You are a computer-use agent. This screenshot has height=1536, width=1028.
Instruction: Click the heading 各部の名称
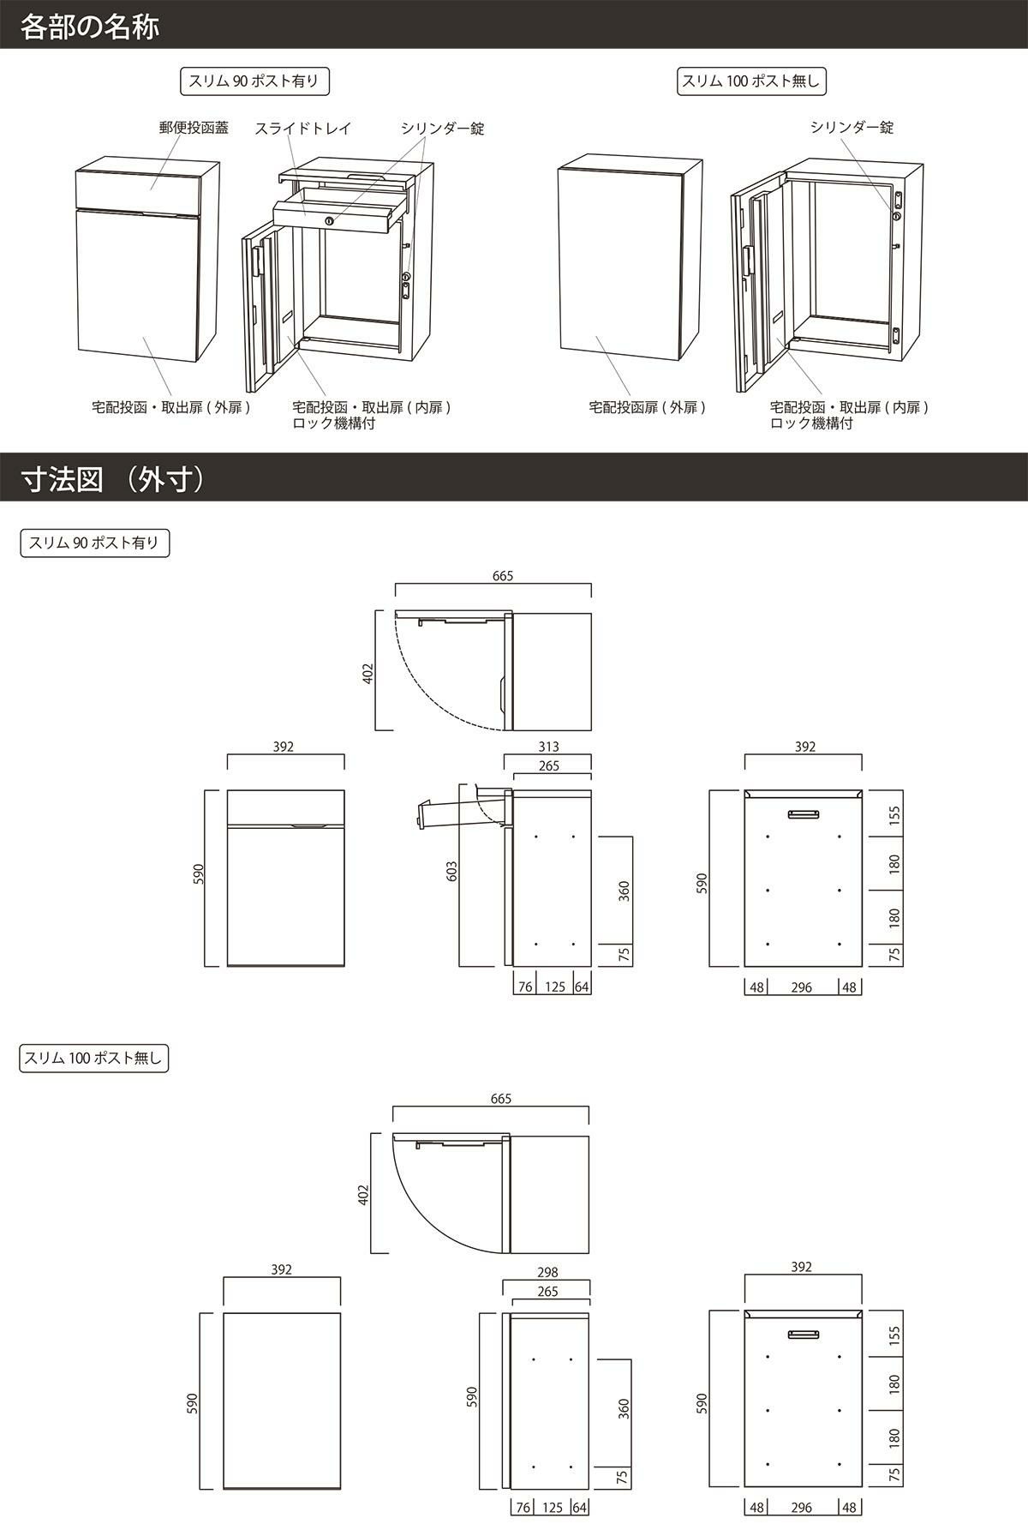90,26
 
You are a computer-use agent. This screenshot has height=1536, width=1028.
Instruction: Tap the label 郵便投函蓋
194,128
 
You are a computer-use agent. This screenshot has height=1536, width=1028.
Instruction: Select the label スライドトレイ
303,128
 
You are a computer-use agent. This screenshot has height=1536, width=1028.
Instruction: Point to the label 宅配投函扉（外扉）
648,407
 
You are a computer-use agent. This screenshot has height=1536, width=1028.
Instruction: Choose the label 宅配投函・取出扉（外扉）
171,407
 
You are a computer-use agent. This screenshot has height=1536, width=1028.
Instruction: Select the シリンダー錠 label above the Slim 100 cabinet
852,127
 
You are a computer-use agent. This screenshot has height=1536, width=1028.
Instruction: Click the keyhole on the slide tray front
328,222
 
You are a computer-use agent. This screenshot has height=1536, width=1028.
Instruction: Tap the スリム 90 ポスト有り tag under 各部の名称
255,81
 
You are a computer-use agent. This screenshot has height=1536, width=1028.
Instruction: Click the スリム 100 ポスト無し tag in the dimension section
93,1058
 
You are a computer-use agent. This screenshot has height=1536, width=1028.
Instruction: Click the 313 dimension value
548,747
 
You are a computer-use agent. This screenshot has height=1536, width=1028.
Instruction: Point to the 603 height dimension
452,871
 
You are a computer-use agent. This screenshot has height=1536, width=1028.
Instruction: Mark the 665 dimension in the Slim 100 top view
501,1098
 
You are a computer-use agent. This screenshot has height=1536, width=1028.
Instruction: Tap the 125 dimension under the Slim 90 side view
554,987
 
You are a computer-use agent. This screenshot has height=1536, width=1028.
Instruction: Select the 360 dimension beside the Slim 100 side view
624,1408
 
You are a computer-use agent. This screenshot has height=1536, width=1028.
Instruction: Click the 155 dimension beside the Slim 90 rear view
894,813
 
